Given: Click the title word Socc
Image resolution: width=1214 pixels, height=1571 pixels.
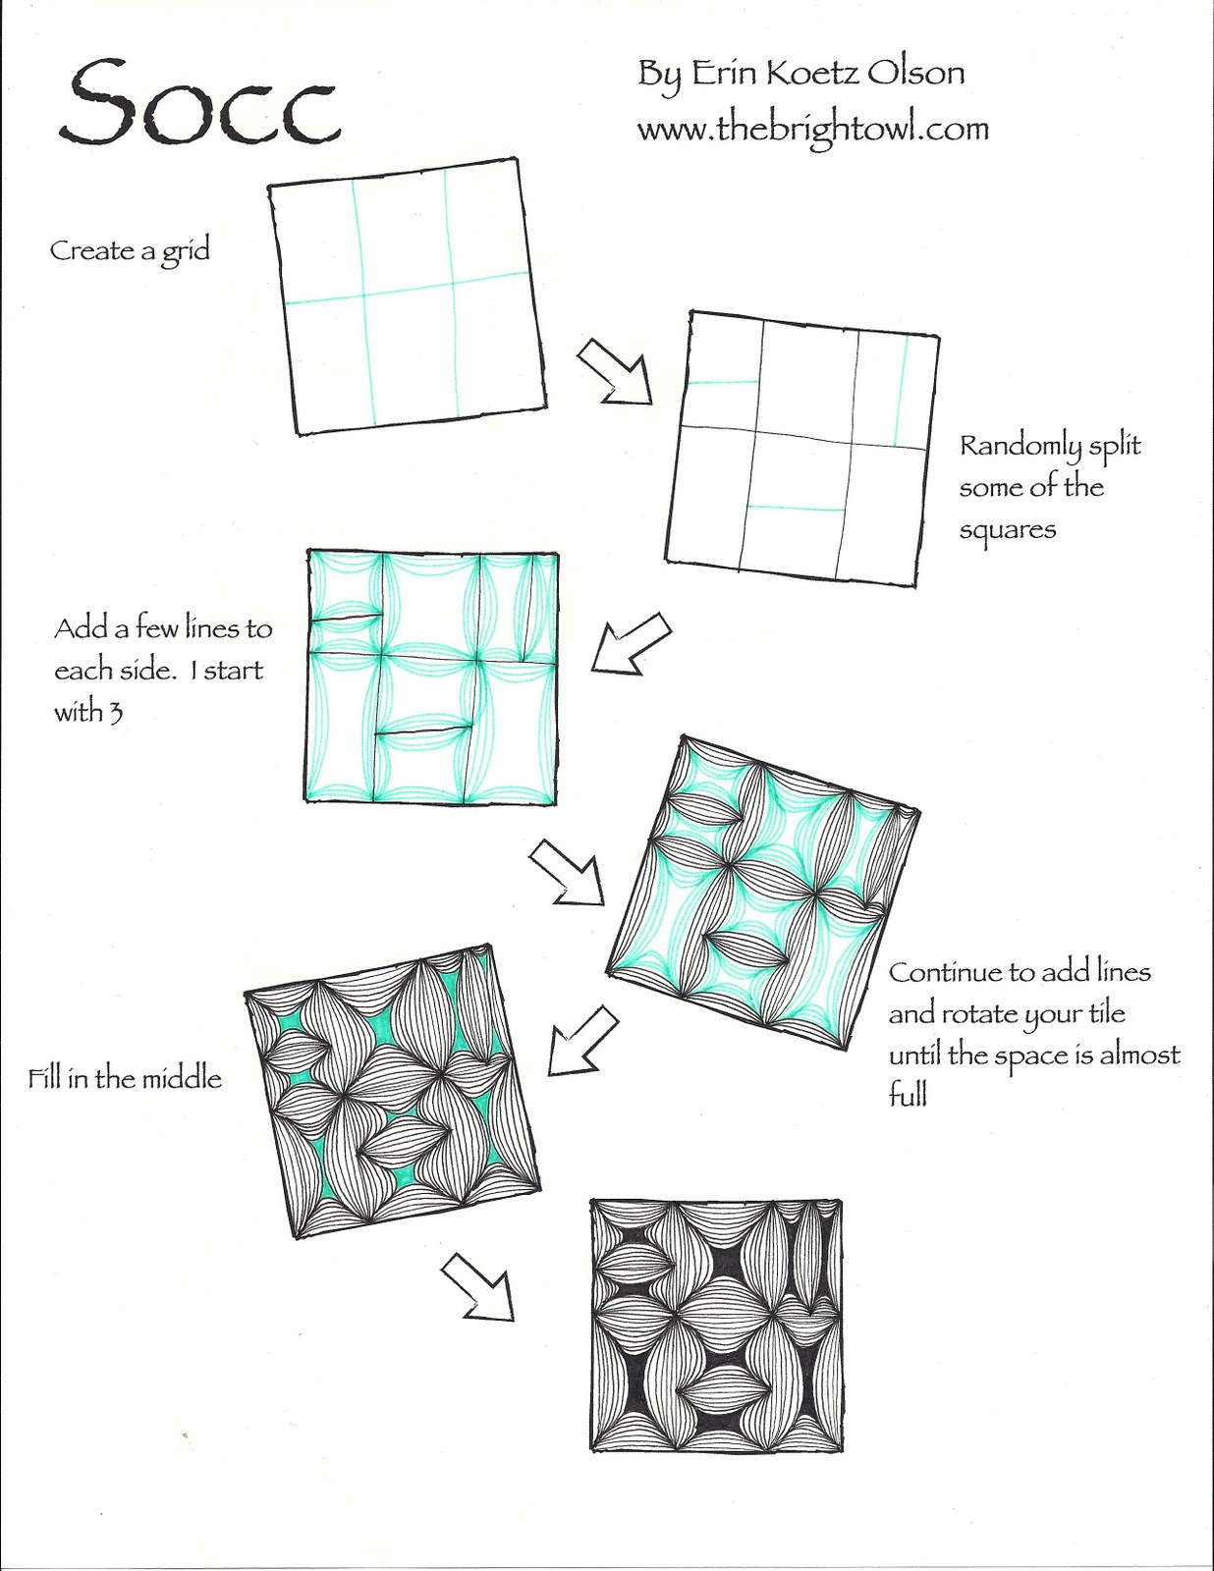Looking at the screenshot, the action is [x=198, y=105].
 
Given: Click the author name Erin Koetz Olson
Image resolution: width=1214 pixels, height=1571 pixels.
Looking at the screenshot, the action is [x=828, y=73].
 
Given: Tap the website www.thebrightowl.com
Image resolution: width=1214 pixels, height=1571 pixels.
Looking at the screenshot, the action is [x=812, y=131].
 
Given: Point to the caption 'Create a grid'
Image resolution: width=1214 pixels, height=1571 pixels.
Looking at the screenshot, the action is [x=131, y=251].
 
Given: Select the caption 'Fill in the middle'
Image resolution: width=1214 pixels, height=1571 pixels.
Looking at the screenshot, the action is [x=125, y=1079].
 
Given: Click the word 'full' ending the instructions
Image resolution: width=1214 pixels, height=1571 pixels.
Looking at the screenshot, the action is [x=908, y=1096].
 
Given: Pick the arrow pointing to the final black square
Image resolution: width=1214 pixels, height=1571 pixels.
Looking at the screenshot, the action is [x=477, y=1287].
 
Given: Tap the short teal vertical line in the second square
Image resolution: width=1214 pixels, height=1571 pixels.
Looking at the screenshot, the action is [x=901, y=391].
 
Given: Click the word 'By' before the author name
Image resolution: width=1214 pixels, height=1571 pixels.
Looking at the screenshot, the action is [x=659, y=75].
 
